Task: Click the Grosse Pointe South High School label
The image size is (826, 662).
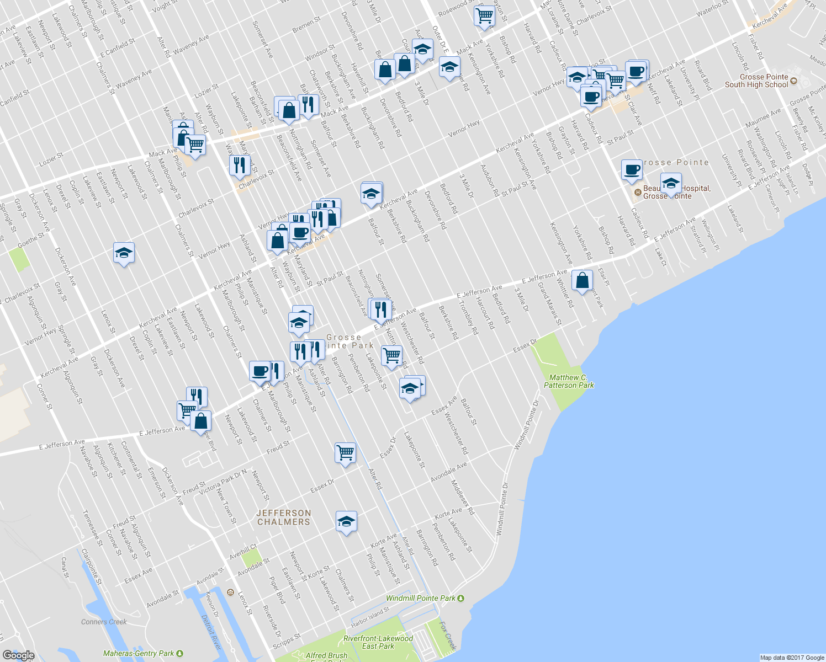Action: point(756,81)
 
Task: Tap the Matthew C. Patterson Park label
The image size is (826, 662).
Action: point(569,381)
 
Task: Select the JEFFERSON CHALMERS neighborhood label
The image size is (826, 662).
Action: point(284,517)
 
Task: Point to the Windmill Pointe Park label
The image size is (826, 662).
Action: point(421,598)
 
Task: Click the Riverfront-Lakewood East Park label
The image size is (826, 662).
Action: point(378,642)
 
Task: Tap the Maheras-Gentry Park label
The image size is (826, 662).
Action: point(139,653)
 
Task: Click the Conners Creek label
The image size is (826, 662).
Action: point(104,622)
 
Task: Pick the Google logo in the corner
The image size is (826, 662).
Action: point(18,655)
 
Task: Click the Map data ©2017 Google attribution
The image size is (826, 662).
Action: point(792,658)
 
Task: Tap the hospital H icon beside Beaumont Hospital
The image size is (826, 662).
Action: point(638,193)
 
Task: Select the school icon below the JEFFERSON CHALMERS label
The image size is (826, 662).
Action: point(346,521)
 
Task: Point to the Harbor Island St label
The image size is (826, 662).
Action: point(370,618)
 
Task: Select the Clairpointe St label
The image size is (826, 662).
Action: point(92,566)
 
